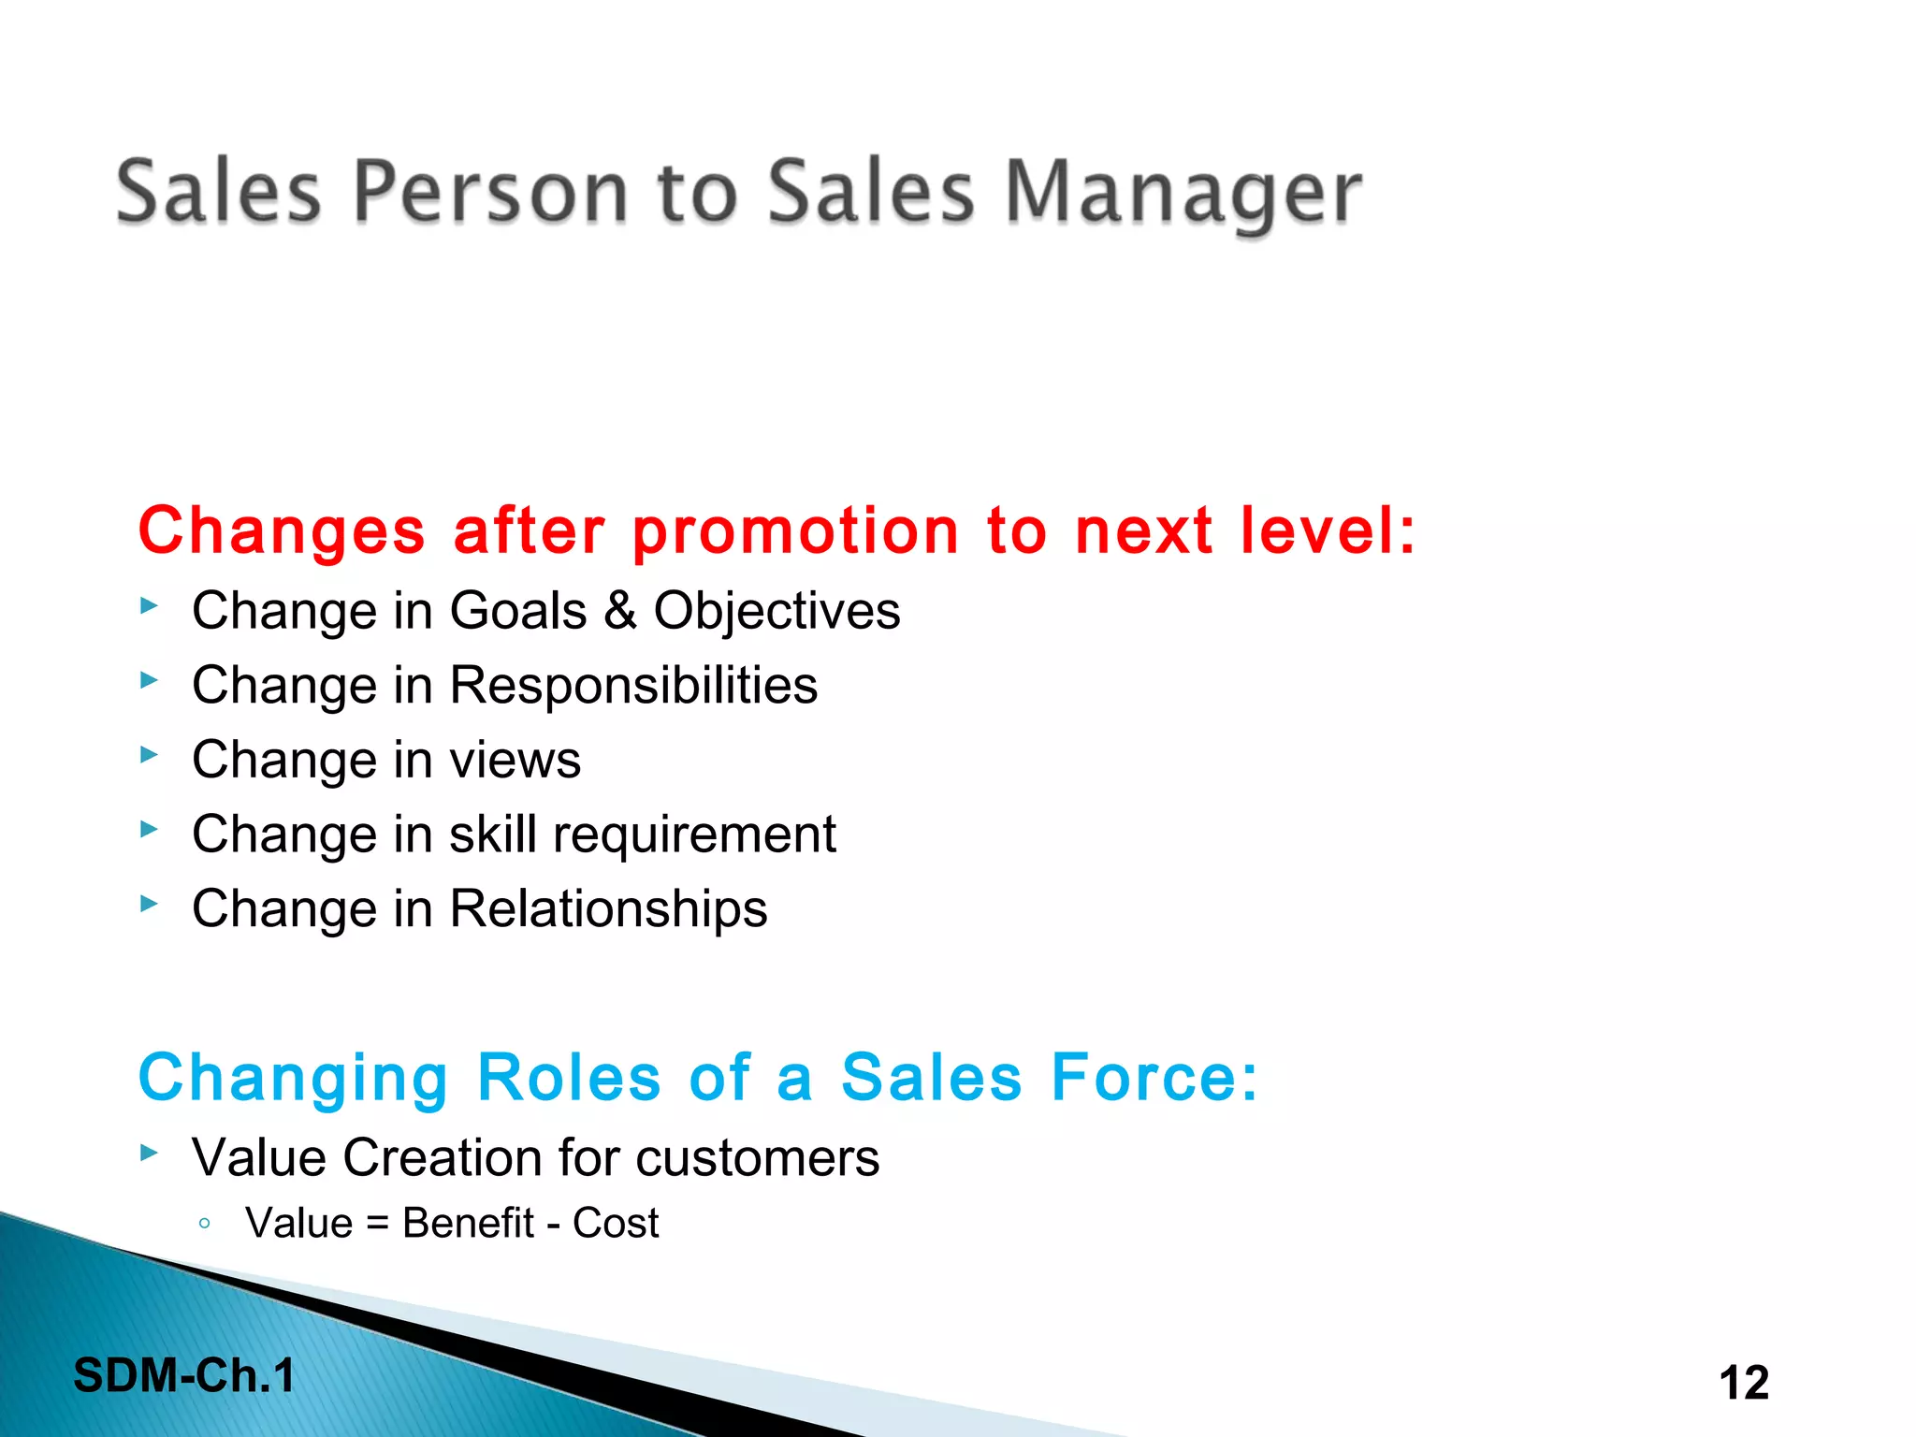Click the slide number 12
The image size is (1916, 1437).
(x=1744, y=1383)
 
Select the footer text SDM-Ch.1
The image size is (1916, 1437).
(x=184, y=1376)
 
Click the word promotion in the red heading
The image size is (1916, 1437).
(x=796, y=531)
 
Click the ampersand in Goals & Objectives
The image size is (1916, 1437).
(x=619, y=611)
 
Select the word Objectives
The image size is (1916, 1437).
(x=777, y=613)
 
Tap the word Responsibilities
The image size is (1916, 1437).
(x=633, y=686)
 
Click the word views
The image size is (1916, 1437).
(x=515, y=760)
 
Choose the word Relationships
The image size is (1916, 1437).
(x=608, y=909)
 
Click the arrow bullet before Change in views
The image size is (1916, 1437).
(x=149, y=754)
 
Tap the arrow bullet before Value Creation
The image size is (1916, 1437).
(x=149, y=1153)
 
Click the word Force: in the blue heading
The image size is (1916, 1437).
(x=1154, y=1078)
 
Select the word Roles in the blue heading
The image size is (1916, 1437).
(x=569, y=1078)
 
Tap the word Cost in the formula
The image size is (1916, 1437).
(x=616, y=1224)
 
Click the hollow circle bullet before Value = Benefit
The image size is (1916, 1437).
(x=205, y=1223)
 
